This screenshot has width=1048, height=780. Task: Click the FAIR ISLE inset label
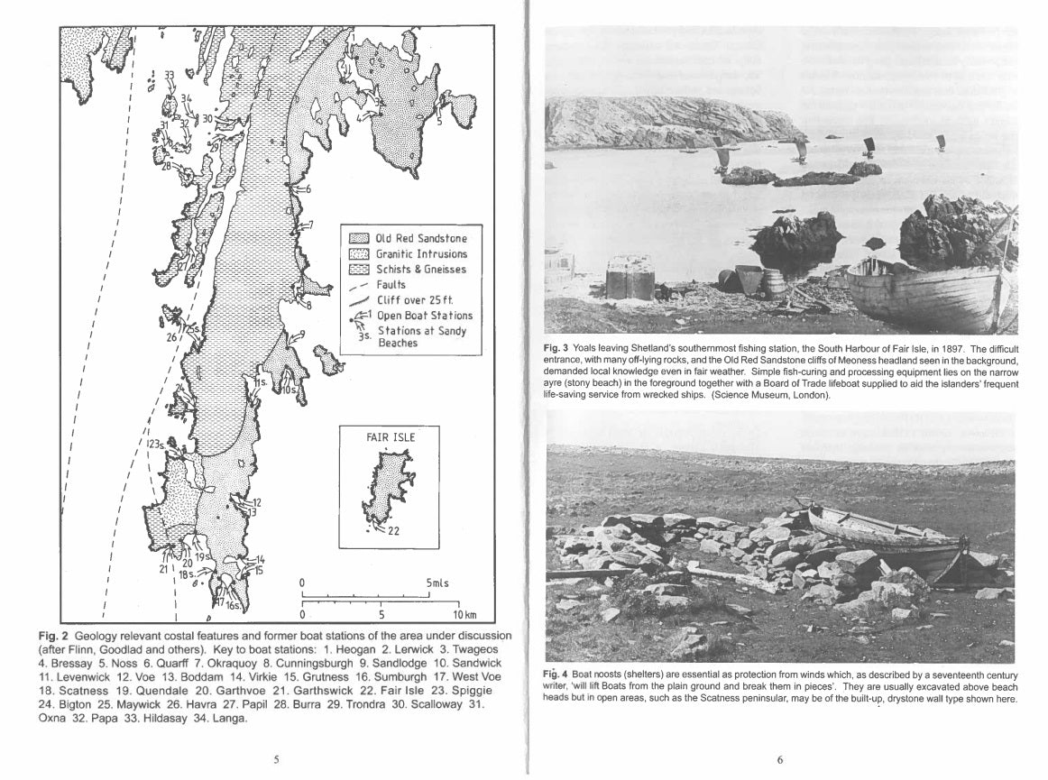391,436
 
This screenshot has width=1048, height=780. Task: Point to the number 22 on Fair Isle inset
393,530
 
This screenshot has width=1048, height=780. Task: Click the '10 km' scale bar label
464,616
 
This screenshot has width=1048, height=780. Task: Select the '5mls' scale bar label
437,583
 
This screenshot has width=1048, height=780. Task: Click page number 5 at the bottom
276,759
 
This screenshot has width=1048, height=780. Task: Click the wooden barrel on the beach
774,283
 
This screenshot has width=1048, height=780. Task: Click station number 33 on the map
170,75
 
